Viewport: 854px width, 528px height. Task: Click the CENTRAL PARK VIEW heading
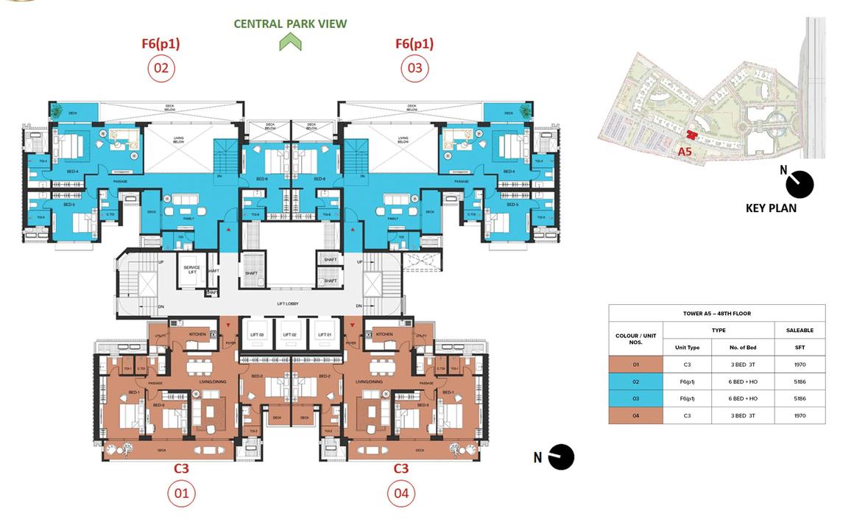coord(290,24)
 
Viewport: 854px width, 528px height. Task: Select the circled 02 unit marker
coord(160,69)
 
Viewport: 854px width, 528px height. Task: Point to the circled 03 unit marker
coord(414,69)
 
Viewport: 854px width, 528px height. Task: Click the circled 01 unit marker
coord(180,493)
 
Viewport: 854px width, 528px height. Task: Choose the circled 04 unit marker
coord(400,493)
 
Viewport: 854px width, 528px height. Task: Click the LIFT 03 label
coord(257,335)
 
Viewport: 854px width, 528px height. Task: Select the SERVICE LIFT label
coord(192,270)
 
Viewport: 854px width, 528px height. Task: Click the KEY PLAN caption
coord(771,208)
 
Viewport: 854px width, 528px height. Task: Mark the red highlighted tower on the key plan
coord(691,135)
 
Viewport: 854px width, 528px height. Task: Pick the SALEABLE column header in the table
coord(800,331)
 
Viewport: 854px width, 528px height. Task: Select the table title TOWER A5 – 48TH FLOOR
coord(716,313)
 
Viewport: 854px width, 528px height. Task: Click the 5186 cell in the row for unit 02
coord(800,381)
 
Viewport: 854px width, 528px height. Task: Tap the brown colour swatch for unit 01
coord(636,365)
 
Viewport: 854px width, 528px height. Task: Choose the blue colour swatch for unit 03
coord(636,398)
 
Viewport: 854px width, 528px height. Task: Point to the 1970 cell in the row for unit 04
coord(800,415)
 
